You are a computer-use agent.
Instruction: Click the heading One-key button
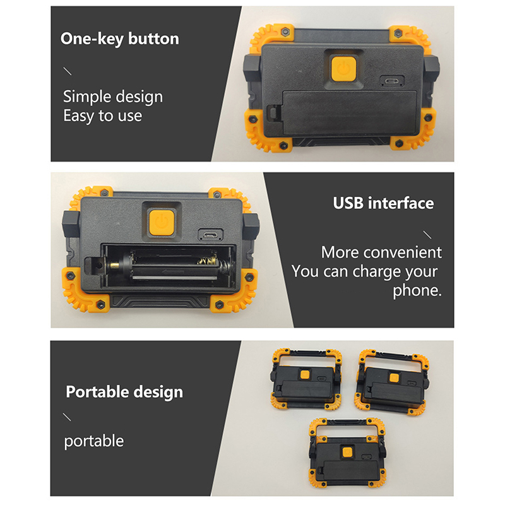pos(119,39)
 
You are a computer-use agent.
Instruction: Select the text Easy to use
pos(102,116)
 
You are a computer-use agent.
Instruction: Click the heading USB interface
pos(383,203)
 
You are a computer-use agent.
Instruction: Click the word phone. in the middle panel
pos(417,290)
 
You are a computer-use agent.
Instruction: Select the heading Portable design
pos(124,392)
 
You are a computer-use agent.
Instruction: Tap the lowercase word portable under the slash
pos(93,441)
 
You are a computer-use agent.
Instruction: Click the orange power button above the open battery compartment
pos(162,222)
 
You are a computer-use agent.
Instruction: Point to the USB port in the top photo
pos(392,81)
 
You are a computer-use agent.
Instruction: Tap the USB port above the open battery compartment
pos(211,234)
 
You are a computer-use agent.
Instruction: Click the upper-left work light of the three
pos(306,379)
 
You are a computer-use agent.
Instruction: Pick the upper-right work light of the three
pos(393,383)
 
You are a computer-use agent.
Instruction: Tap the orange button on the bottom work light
pos(347,452)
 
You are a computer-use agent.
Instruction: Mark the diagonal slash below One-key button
pos(68,71)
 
